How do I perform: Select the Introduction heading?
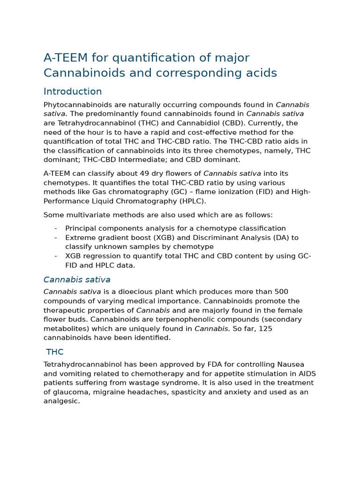click(73, 91)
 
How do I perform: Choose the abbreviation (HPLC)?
click(190, 201)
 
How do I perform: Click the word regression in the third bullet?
click(103, 256)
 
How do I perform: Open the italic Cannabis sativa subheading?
click(77, 280)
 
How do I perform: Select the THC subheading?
click(55, 352)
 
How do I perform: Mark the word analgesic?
click(61, 401)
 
